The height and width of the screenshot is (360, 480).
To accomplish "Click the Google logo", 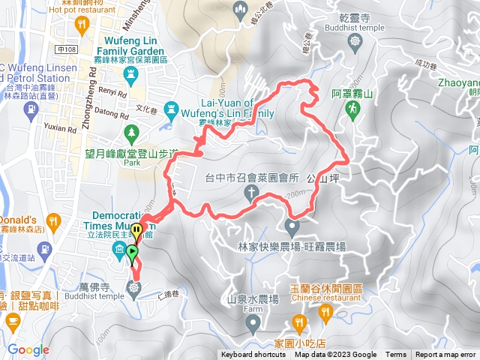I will point(28,349).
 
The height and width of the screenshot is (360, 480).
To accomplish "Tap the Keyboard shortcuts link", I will point(253,355).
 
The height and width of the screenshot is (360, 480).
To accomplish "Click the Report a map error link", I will point(445,355).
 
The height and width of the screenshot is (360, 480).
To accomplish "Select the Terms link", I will point(396,355).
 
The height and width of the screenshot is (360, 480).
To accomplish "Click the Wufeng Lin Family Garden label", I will point(127,46).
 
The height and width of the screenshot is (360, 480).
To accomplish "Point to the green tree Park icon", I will point(132,133).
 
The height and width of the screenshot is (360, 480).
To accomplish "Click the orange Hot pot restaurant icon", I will point(81,28).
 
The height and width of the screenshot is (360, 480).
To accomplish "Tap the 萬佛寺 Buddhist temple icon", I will point(134,288).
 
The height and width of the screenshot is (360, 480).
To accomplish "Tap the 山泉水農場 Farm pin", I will point(253,323).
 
